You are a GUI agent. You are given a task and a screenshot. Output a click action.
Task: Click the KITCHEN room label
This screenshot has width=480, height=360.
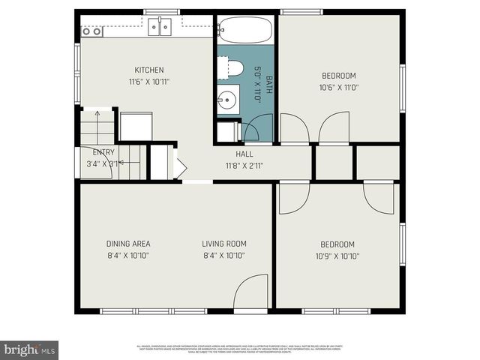[x=148, y=70]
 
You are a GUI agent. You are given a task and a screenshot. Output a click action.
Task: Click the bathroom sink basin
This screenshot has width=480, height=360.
[x=226, y=99]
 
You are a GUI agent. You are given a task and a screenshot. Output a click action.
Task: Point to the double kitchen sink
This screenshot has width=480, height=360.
[x=159, y=28]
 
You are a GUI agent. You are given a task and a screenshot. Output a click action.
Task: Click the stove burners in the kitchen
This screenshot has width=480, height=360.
[x=91, y=31]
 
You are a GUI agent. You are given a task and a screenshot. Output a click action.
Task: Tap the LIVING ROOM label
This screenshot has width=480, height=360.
[x=223, y=244]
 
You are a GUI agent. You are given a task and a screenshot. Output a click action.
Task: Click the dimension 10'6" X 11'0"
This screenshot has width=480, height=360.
[x=338, y=88]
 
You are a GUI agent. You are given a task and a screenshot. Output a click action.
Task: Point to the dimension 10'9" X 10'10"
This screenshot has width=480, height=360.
[x=337, y=256]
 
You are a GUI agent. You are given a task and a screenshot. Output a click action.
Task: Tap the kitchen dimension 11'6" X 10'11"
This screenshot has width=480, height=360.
[x=148, y=82]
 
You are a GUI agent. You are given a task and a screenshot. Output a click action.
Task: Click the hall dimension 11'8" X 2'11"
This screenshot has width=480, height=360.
[x=244, y=166]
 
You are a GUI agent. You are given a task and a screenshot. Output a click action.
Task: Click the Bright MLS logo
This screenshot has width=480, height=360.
[x=30, y=349]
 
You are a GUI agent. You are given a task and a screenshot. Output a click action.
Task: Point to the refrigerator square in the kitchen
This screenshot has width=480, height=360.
[x=136, y=126]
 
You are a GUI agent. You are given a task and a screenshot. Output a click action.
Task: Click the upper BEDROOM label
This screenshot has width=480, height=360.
[x=338, y=76]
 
